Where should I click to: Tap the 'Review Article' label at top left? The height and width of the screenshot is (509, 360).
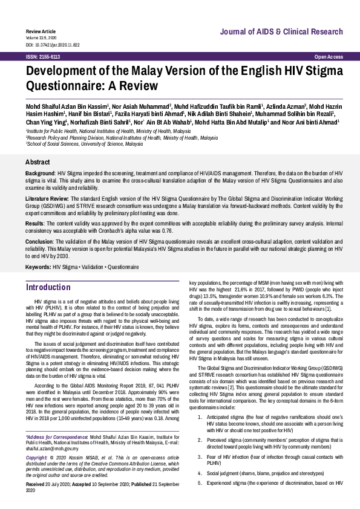point(41,30)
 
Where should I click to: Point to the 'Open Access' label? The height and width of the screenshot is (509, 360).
point(329,56)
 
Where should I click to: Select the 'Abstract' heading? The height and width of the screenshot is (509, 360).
point(38,162)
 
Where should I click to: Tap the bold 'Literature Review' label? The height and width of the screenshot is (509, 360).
point(47,198)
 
